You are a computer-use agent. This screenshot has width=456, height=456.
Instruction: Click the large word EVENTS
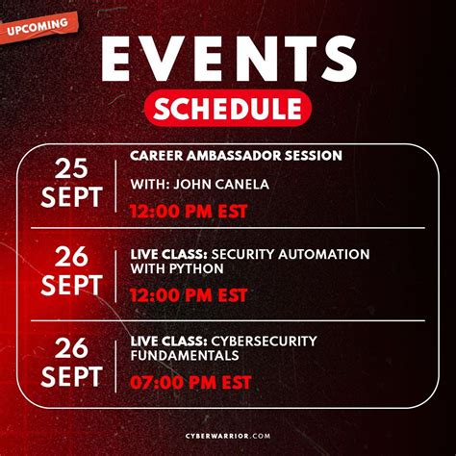(x=227, y=60)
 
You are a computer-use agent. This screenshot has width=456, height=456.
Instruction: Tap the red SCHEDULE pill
(x=228, y=108)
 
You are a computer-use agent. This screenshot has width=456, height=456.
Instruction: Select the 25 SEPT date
(x=71, y=183)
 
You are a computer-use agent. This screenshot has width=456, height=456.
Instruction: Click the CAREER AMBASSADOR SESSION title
(x=237, y=156)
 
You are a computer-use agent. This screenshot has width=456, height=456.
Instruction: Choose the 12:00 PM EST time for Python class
(x=189, y=293)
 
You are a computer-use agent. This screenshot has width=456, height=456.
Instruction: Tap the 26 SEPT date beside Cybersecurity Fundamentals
(x=71, y=361)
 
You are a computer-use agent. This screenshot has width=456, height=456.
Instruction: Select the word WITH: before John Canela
(x=152, y=184)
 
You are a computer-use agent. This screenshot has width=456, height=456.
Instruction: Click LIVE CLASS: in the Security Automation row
(x=166, y=253)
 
